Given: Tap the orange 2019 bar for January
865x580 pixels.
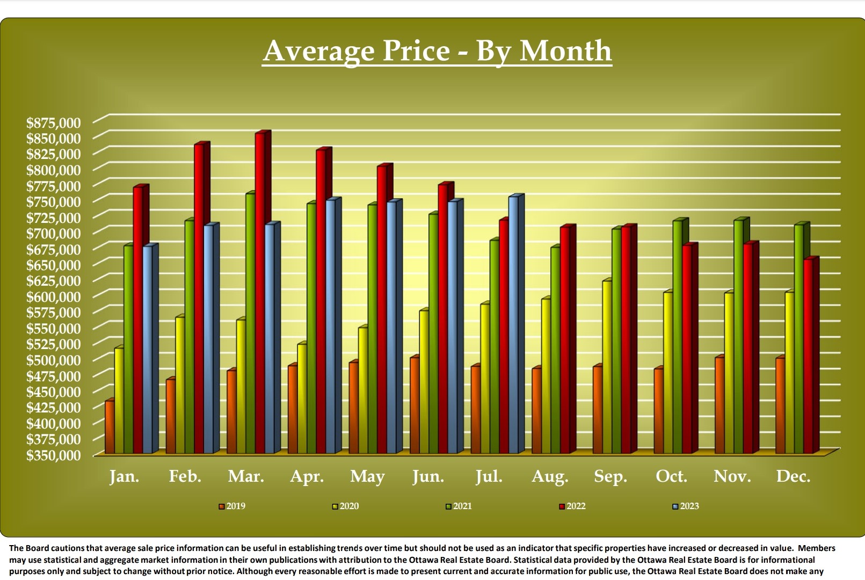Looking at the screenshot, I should [x=110, y=427].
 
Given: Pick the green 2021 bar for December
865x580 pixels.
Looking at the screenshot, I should [x=799, y=338].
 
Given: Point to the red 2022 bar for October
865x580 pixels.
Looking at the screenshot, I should [x=687, y=349].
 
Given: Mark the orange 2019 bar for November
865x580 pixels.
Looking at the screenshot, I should [x=719, y=405].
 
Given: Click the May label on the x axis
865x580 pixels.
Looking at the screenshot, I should [x=367, y=476].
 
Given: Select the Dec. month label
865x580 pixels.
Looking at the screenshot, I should [x=793, y=476].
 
